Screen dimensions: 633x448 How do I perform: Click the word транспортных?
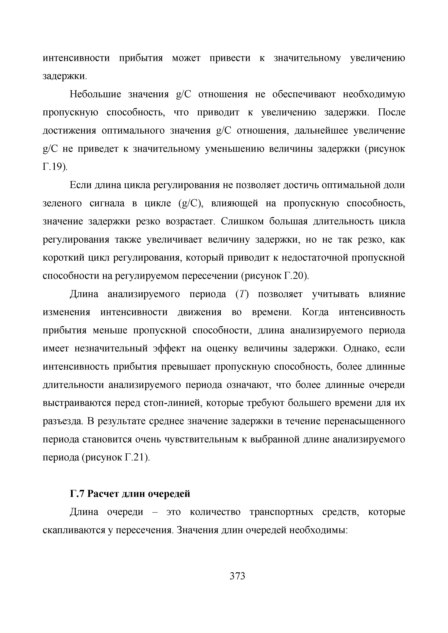pos(281,512)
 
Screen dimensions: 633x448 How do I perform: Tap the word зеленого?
pos(62,203)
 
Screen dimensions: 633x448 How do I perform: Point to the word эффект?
pos(170,349)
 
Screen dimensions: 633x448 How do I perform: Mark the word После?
pos(391,112)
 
